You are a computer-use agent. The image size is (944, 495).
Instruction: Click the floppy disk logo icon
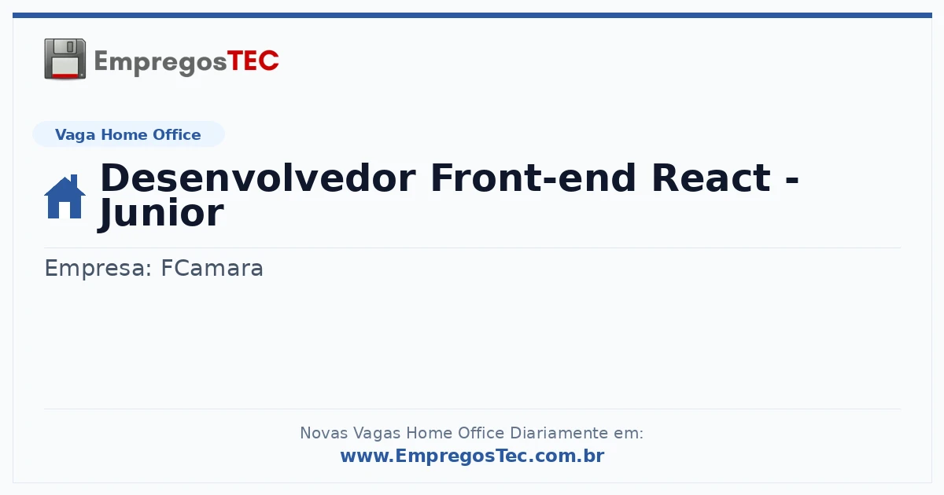(x=65, y=59)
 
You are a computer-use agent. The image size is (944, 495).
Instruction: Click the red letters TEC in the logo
(x=253, y=61)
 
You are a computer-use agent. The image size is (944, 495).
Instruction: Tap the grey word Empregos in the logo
(x=160, y=63)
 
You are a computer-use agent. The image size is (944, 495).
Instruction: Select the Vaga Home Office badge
(x=128, y=134)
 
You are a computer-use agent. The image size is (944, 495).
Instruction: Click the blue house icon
(x=65, y=196)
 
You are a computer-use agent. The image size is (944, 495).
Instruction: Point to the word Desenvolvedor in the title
(x=258, y=178)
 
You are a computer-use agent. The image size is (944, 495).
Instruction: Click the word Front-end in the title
(x=533, y=178)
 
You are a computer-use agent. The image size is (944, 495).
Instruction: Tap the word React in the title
(x=711, y=178)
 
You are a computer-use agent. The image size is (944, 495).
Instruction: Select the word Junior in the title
(x=161, y=214)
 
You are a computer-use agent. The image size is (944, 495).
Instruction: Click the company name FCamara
(x=212, y=268)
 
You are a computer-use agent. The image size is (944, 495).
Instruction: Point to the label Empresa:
(x=98, y=269)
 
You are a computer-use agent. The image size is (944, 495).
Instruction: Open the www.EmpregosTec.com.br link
(x=473, y=456)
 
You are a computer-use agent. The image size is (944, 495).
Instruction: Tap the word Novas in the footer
(x=323, y=433)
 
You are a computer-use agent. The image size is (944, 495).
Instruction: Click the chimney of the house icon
(x=74, y=181)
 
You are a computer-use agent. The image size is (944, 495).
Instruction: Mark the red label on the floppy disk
(x=65, y=75)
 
